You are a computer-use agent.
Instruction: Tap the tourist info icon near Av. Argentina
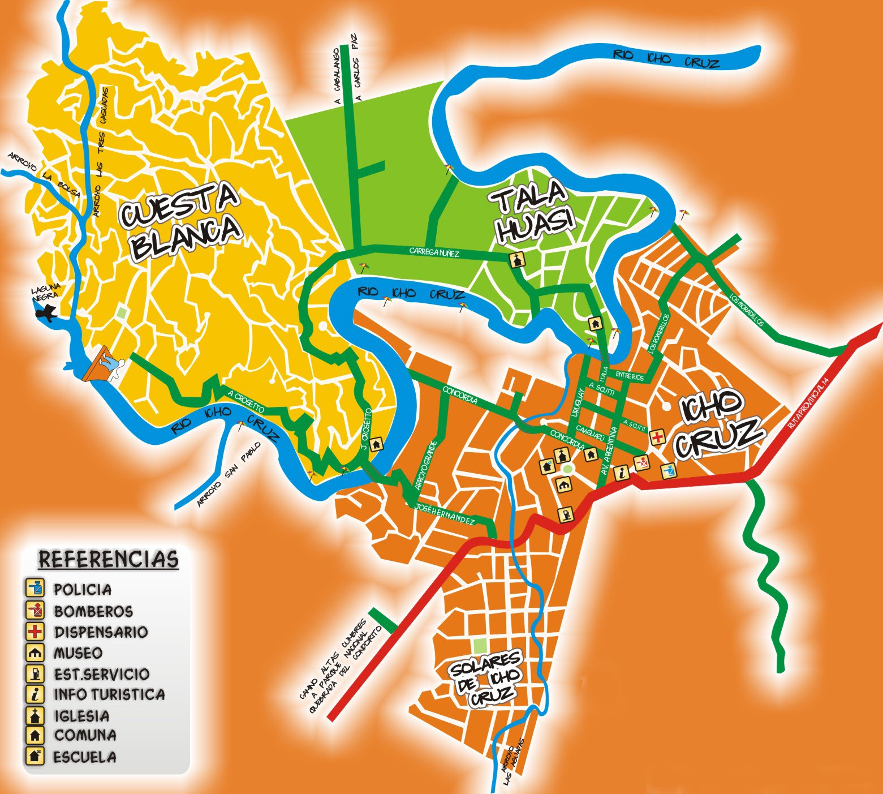tap(621, 472)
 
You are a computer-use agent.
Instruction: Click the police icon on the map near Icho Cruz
tap(669, 470)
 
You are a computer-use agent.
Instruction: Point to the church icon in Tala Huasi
tap(518, 260)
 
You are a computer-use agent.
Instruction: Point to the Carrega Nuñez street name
tap(434, 252)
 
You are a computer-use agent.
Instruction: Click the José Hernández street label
tap(444, 513)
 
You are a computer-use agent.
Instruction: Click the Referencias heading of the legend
tap(108, 559)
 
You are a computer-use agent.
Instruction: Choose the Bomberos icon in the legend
tap(35, 610)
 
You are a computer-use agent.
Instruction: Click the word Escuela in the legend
tap(85, 756)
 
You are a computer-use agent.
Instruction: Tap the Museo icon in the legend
tap(35, 653)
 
